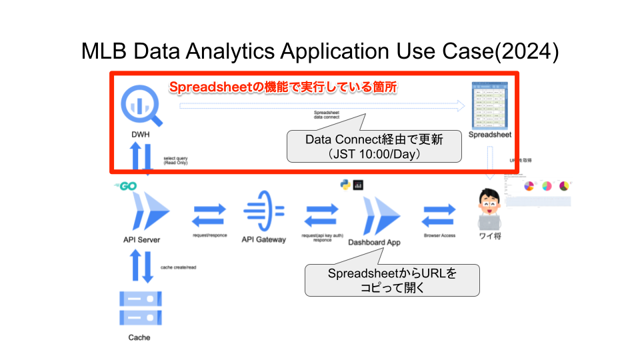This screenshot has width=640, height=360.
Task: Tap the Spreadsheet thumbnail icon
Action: point(490,105)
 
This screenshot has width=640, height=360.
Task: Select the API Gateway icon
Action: point(263,211)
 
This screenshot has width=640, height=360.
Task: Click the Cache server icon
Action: point(139,307)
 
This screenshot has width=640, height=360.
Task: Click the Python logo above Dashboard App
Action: point(345,185)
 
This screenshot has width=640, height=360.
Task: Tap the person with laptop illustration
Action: point(491,207)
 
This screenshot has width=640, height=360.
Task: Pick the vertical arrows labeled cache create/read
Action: point(139,266)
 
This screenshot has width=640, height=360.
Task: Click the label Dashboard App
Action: point(374,243)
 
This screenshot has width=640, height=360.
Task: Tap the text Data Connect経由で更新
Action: point(374,140)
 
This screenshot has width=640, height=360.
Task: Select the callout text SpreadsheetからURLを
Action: point(393,274)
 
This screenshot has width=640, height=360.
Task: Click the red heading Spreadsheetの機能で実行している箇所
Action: point(283,87)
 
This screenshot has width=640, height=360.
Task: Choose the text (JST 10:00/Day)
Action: point(374,154)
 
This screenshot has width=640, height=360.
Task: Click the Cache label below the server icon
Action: point(139,337)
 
